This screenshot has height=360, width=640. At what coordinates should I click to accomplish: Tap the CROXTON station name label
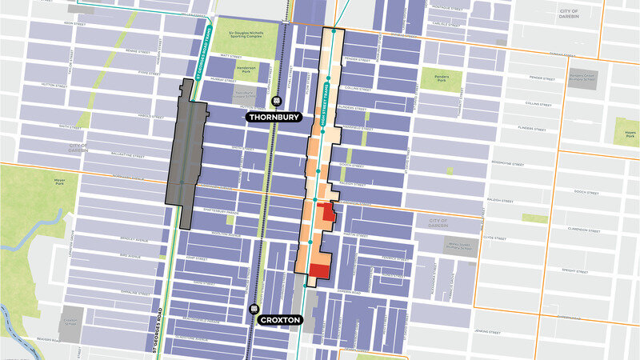278,320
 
